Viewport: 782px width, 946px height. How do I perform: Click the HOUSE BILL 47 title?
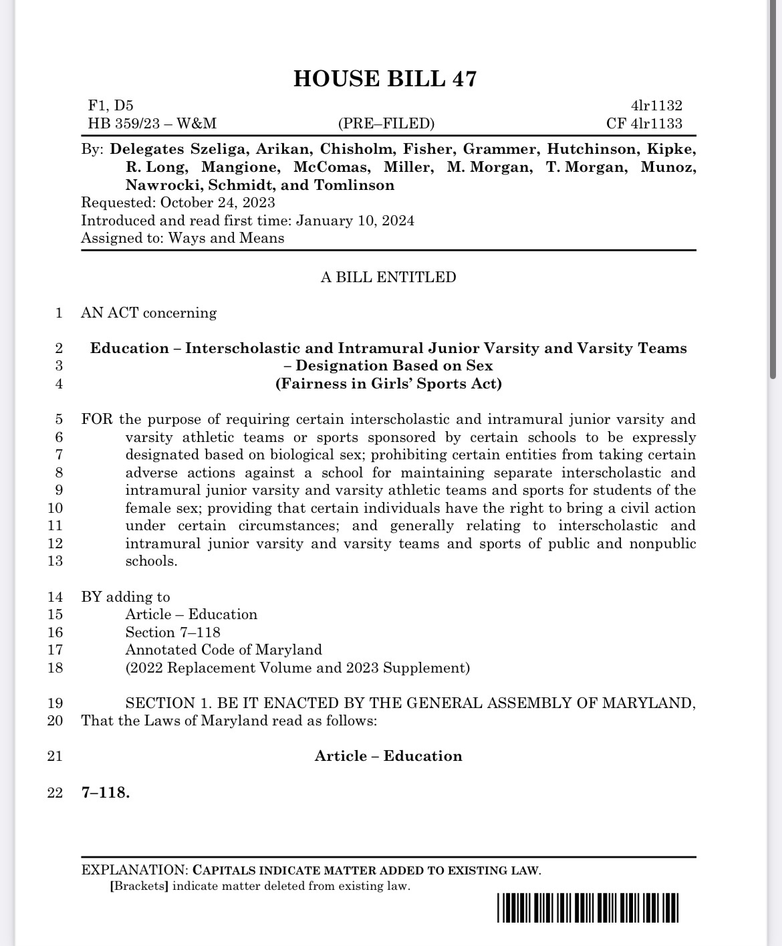point(385,79)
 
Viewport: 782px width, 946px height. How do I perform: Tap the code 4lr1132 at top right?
point(656,106)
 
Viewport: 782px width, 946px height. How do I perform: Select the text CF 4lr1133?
point(644,124)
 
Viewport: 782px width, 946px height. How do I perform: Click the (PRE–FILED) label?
point(386,124)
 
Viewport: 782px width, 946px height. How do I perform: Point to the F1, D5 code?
point(110,106)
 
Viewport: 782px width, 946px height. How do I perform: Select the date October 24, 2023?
point(217,203)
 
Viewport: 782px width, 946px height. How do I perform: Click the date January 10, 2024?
point(355,221)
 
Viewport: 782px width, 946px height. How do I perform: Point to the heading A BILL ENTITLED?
point(388,277)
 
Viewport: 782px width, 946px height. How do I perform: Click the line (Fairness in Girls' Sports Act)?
point(388,384)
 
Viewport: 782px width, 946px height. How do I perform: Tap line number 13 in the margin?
point(55,561)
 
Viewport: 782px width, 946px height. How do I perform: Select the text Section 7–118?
point(172,632)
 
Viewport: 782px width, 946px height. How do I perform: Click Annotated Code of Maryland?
point(223,650)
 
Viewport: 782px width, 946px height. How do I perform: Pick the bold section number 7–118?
point(106,793)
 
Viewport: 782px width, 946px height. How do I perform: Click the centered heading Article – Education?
point(388,756)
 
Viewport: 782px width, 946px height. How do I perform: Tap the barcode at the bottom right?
point(588,908)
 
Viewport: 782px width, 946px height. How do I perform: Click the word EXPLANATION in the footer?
point(134,870)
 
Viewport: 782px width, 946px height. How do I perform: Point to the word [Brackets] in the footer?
point(139,886)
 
